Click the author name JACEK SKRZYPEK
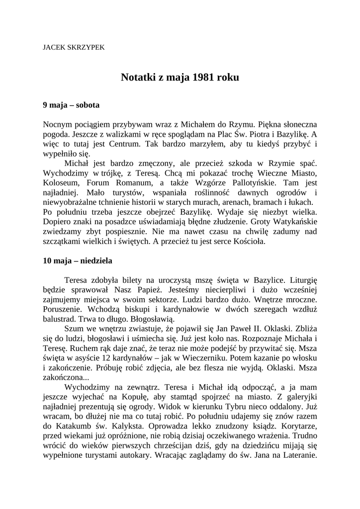[x=74, y=48]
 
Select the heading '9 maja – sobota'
[x=71, y=105]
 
